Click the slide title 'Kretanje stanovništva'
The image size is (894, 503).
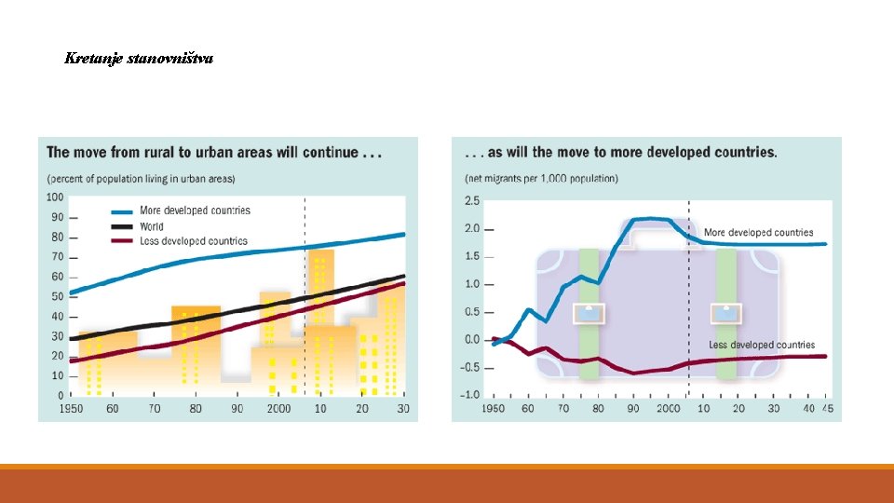[x=139, y=58]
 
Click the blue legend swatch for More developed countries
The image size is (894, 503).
[x=121, y=211]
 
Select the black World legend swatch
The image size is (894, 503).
[x=121, y=227]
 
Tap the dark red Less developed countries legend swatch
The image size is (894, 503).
[x=121, y=241]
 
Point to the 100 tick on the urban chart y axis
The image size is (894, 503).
[x=55, y=197]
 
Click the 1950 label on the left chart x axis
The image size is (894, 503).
[x=71, y=408]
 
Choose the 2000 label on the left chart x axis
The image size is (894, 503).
[x=278, y=408]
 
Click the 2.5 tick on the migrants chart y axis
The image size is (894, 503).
[x=472, y=201]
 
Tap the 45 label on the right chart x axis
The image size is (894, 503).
[x=827, y=408]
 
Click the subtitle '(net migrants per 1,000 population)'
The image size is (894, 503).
[x=541, y=179]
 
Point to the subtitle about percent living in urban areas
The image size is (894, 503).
[x=141, y=179]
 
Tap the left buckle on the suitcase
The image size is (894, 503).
[x=589, y=314]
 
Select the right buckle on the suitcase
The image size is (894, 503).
[x=725, y=314]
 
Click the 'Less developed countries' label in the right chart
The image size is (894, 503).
[x=762, y=345]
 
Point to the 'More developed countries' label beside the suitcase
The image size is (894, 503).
[x=758, y=233]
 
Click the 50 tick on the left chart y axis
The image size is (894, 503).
[x=57, y=296]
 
